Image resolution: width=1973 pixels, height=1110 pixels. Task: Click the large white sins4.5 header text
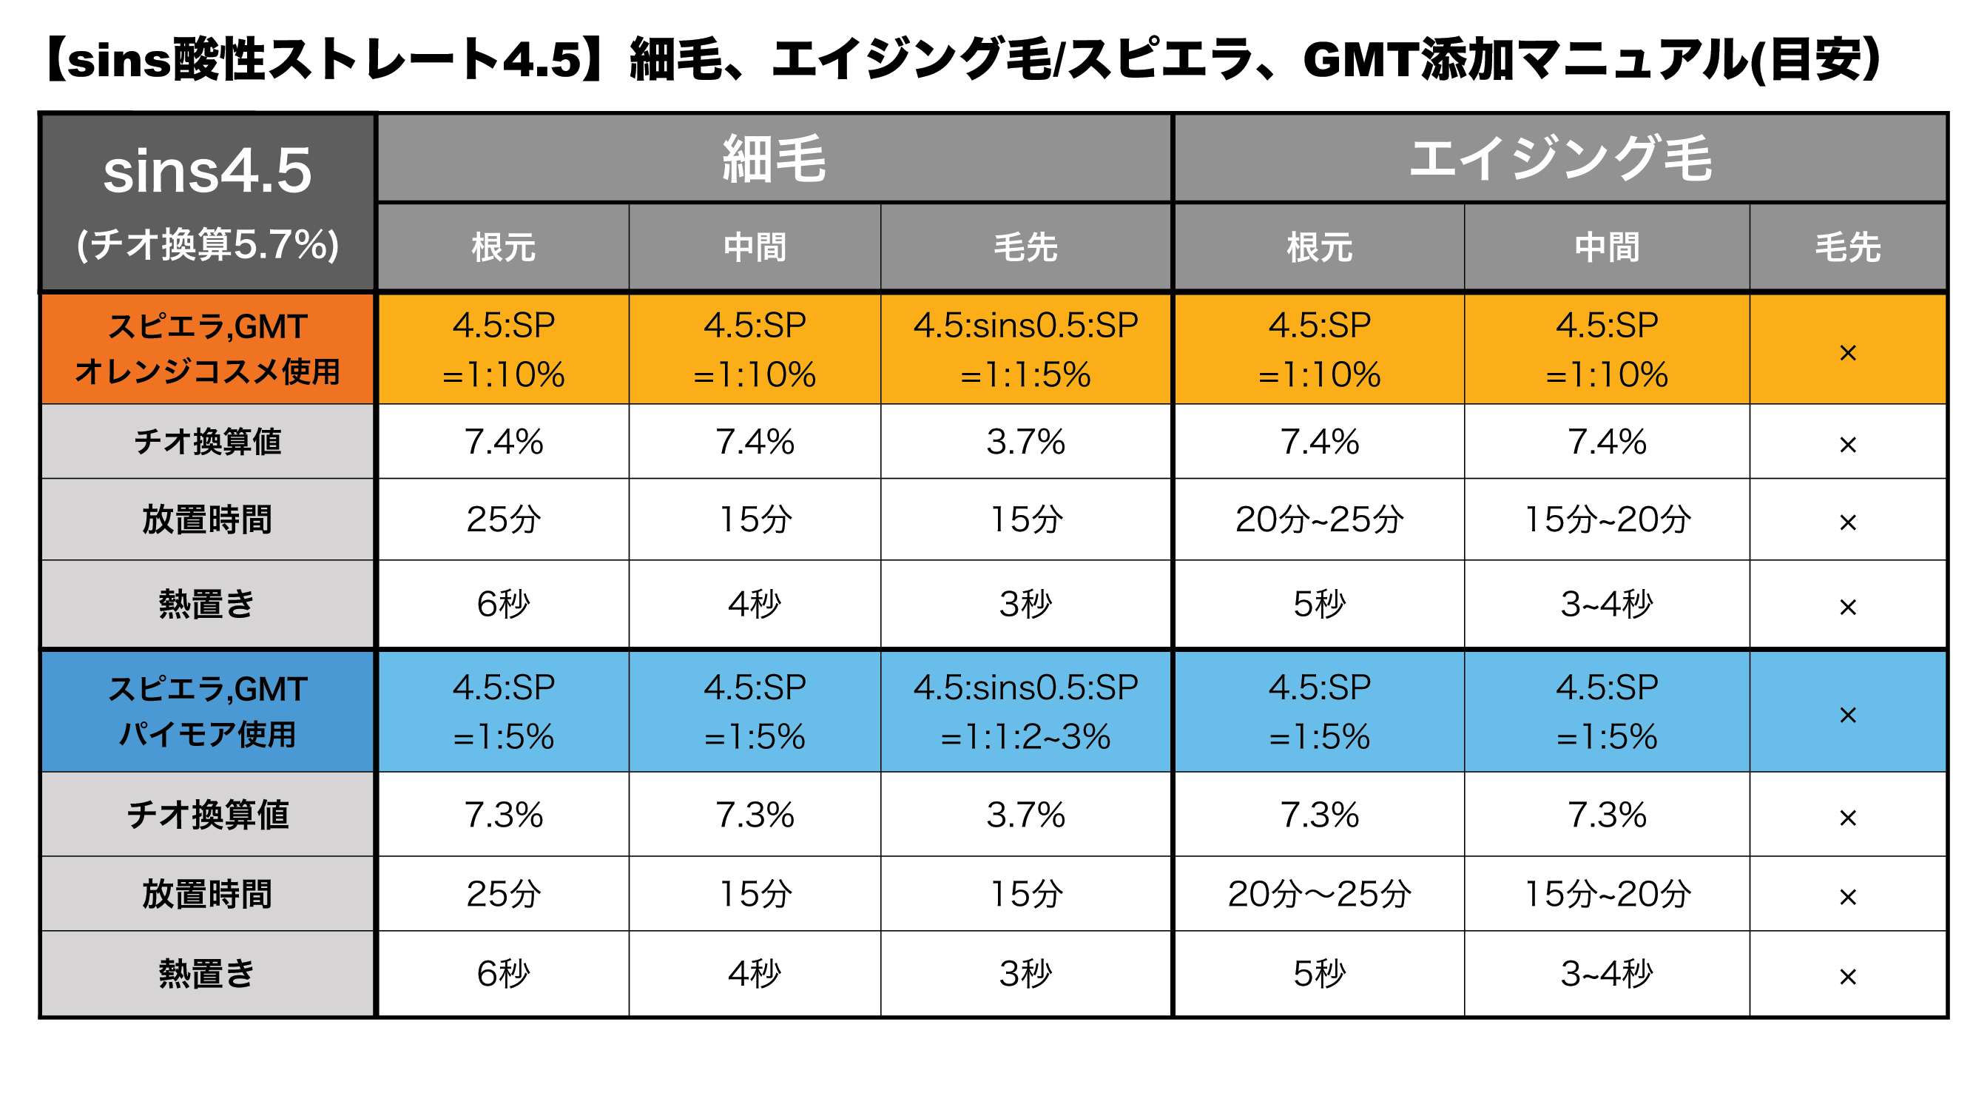pos(207,171)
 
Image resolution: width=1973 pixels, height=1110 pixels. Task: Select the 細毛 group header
pos(774,158)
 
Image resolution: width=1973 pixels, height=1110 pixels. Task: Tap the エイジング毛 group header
pos(1560,158)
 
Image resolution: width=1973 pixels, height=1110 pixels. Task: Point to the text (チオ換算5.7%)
pos(207,245)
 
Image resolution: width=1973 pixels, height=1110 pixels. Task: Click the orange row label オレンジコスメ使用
pos(207,372)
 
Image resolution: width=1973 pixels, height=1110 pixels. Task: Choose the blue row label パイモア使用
pos(207,735)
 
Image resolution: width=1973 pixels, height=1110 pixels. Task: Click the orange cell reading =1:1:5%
pos(1025,375)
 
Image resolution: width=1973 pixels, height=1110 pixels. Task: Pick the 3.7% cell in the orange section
pos(1025,442)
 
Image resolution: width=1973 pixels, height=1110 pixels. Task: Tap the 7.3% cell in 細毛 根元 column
pos(503,815)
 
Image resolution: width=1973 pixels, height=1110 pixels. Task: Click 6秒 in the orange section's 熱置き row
pos(503,605)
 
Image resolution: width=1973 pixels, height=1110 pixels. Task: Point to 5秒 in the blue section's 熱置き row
pos(1319,975)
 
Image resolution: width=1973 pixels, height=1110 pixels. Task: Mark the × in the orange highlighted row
pos(1847,352)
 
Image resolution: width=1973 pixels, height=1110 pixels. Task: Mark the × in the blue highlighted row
pos(1847,715)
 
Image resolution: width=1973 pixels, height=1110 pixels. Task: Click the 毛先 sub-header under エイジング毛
pos(1847,247)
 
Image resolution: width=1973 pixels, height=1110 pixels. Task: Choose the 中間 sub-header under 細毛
pos(755,247)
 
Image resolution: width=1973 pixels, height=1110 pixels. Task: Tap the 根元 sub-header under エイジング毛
pos(1319,247)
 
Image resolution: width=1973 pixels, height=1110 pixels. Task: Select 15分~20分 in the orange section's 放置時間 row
pos(1607,520)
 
